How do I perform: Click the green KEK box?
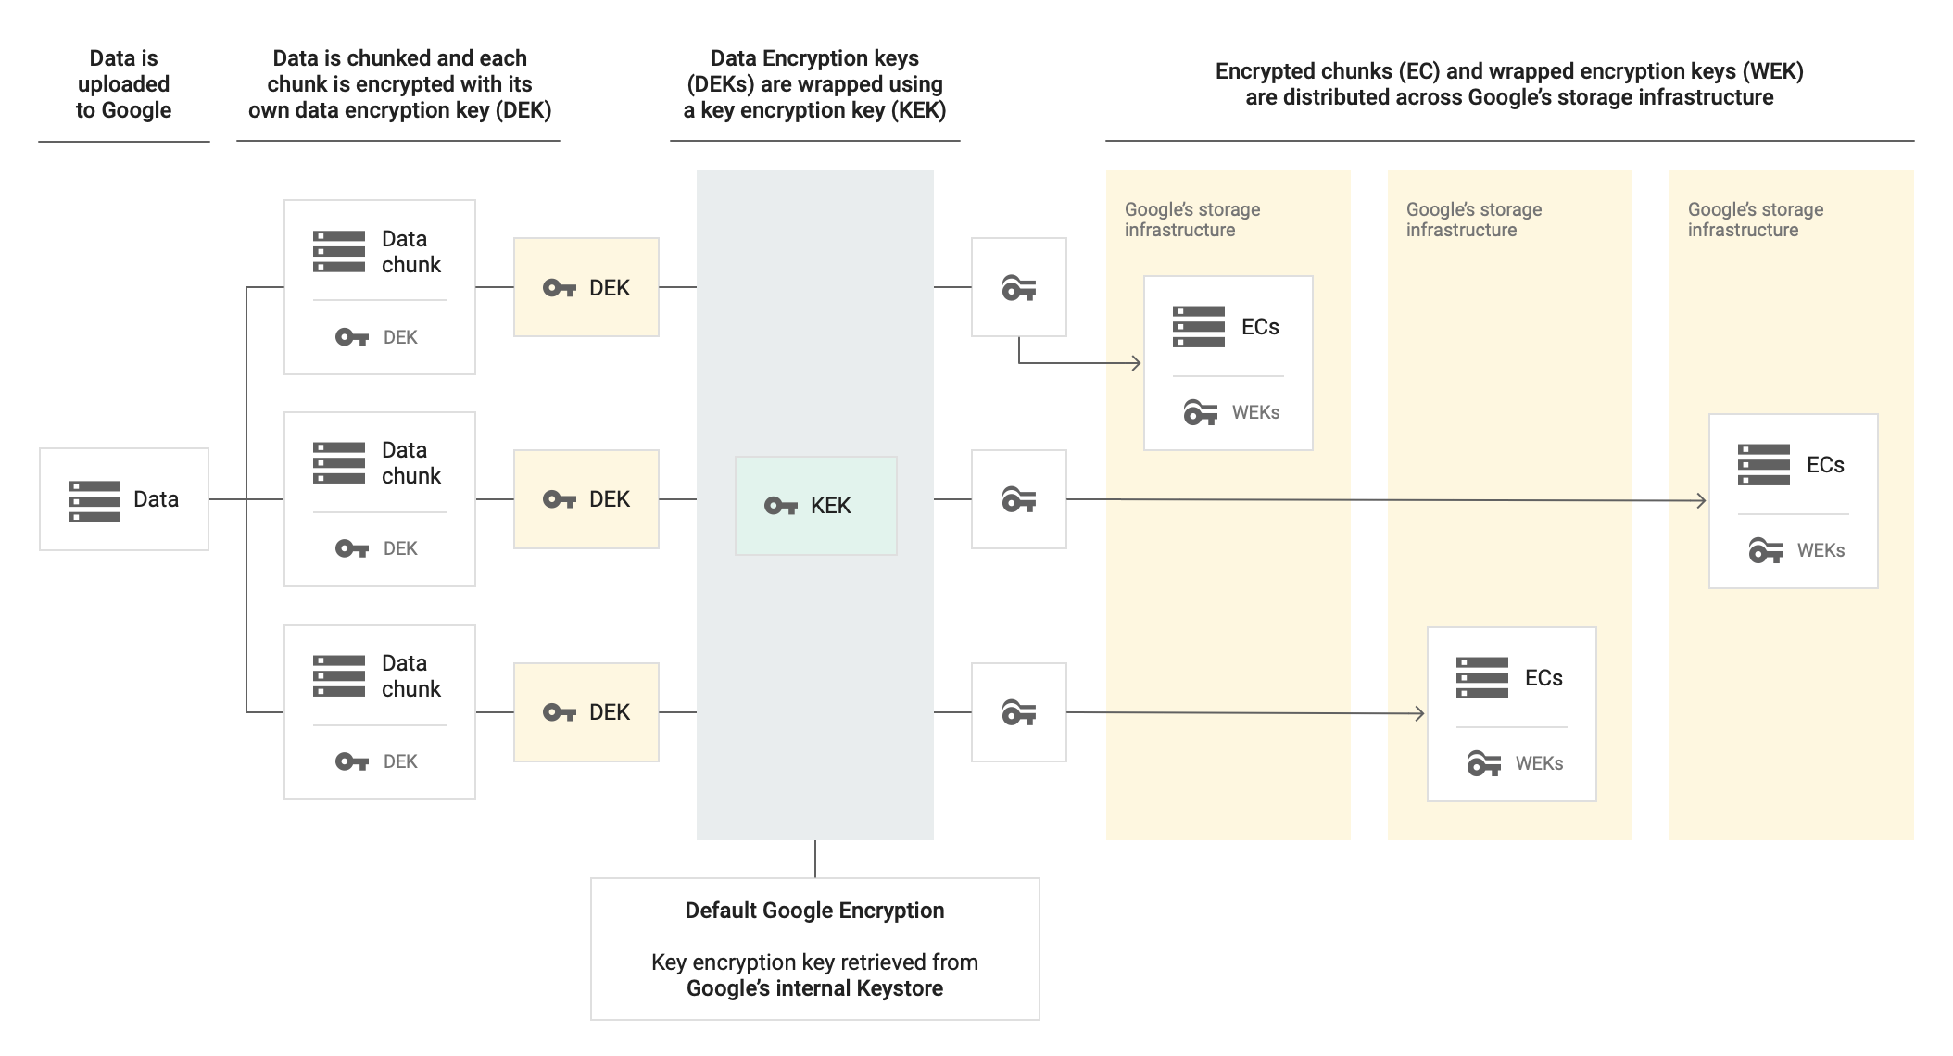(815, 505)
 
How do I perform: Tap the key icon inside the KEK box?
(780, 506)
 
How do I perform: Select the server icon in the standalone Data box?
(94, 500)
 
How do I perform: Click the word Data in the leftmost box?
(156, 499)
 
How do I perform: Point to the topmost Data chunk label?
(410, 252)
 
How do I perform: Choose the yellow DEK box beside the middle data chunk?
(586, 499)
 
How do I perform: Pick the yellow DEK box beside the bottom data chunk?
(586, 712)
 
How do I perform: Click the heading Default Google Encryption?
(814, 911)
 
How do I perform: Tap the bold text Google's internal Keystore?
(814, 988)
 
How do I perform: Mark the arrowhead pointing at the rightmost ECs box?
(1700, 501)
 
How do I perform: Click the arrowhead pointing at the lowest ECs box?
(1418, 713)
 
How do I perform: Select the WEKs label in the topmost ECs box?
(1255, 413)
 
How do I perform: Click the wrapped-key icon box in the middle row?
(1018, 500)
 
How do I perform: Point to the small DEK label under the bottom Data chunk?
(400, 761)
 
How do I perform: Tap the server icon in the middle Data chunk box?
(339, 463)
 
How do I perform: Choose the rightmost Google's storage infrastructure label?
(1755, 220)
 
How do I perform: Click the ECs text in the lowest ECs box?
(1543, 678)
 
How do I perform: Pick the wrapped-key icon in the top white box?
(1018, 288)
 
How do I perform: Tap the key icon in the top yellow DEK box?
(559, 288)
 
